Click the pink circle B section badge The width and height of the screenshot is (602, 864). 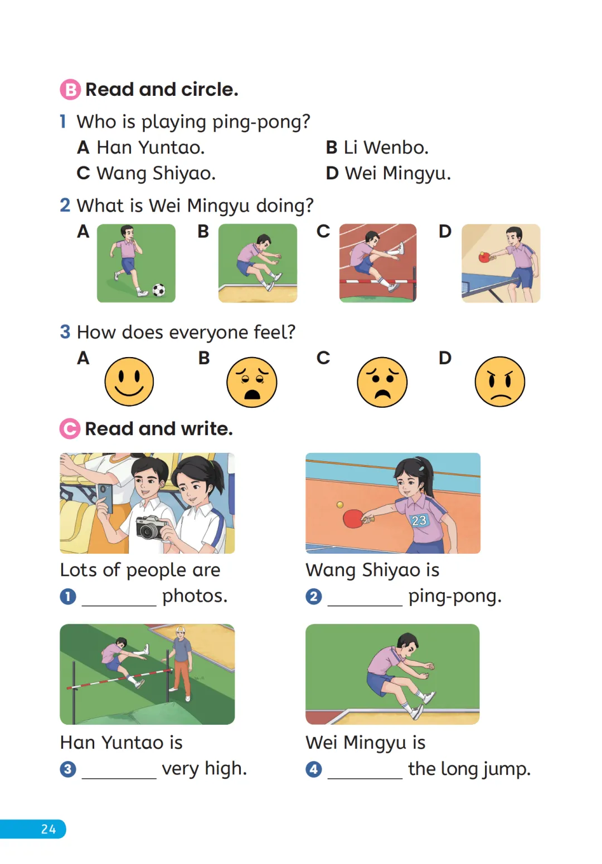[70, 90]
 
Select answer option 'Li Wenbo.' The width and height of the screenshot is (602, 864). [386, 148]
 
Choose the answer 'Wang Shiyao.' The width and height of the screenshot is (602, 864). [156, 174]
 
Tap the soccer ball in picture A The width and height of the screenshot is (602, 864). [159, 290]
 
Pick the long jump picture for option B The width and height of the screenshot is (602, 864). [258, 263]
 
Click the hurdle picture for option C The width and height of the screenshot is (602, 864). [378, 263]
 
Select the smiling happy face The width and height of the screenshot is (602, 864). [129, 382]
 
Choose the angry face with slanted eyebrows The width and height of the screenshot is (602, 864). [500, 382]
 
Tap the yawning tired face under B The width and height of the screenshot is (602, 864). [251, 382]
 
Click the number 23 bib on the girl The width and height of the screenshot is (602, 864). [419, 520]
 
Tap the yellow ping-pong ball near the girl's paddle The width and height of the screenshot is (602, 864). [340, 505]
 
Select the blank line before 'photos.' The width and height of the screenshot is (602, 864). [119, 606]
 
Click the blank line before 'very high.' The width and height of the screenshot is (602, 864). [119, 778]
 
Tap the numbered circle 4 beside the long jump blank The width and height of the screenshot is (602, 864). [314, 769]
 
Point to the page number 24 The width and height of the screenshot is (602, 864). [48, 829]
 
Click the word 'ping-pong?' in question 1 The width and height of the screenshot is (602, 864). [261, 122]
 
